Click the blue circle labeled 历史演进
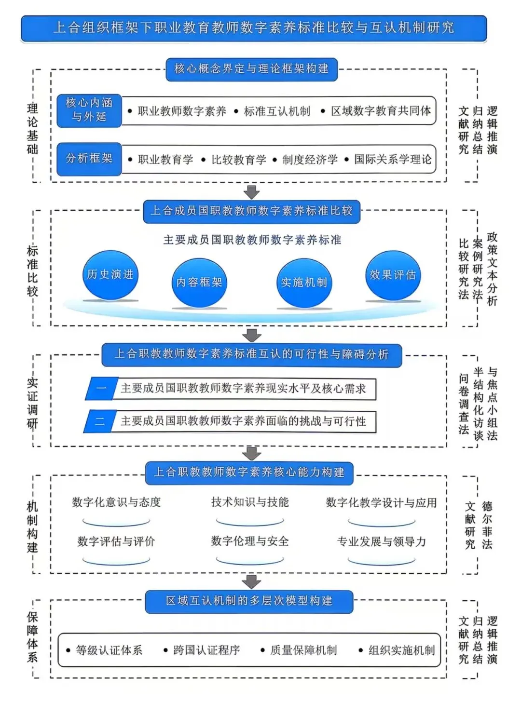pyautogui.click(x=110, y=275)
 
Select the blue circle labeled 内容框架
pyautogui.click(x=199, y=283)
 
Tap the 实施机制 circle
pyautogui.click(x=304, y=283)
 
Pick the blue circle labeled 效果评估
pyautogui.click(x=393, y=275)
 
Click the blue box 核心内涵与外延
pyautogui.click(x=89, y=110)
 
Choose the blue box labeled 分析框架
pyautogui.click(x=89, y=159)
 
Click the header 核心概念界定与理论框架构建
pyautogui.click(x=251, y=69)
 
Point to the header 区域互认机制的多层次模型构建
pyautogui.click(x=249, y=601)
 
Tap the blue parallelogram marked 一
pyautogui.click(x=102, y=389)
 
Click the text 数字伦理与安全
pyautogui.click(x=250, y=541)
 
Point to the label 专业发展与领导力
pyautogui.click(x=381, y=542)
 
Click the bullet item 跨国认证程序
pyautogui.click(x=206, y=650)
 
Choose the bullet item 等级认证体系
pyautogui.click(x=109, y=650)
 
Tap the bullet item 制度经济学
pyautogui.click(x=310, y=160)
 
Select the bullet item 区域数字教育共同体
pyautogui.click(x=381, y=111)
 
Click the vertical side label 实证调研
pyautogui.click(x=32, y=403)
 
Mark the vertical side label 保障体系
pyautogui.click(x=32, y=637)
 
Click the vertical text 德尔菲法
pyautogui.click(x=487, y=526)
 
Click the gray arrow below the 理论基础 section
pyautogui.click(x=251, y=192)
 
